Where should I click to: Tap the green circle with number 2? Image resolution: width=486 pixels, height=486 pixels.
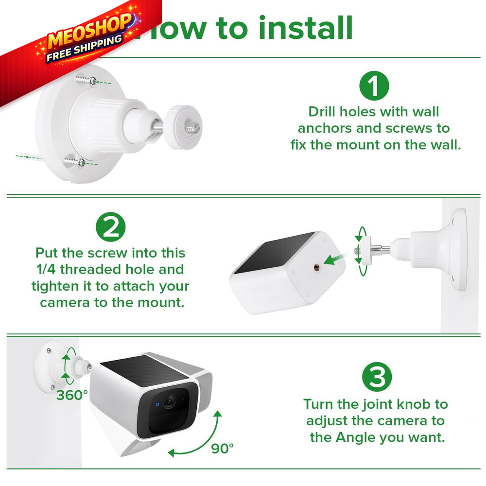110,227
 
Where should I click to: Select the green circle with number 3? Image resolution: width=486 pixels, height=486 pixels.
377,378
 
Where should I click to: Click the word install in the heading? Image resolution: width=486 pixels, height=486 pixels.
305,28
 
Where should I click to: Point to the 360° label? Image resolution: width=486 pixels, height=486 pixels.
72,395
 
